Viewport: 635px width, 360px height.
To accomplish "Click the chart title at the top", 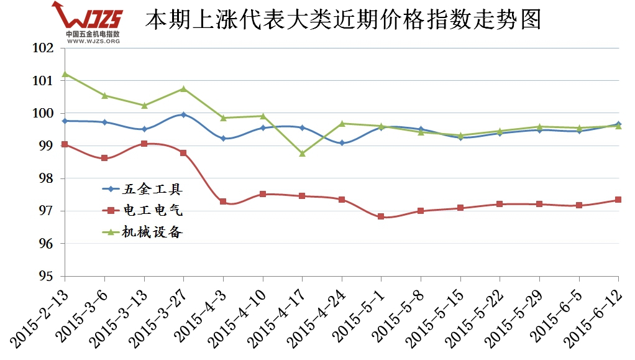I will coord(343,20).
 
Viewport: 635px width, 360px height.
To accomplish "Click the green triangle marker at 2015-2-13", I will coord(65,74).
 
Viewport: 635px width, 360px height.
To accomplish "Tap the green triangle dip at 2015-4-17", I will coord(302,153).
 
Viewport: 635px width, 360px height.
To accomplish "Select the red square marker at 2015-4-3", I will coord(223,201).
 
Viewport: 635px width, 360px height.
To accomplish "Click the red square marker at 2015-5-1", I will coord(381,216).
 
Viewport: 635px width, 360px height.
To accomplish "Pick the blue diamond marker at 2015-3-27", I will coord(183,114).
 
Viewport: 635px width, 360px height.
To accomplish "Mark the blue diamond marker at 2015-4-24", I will coord(342,143).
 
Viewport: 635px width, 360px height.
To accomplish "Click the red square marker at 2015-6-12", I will coord(618,200).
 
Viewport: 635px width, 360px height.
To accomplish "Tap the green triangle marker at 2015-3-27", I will coord(183,88).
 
